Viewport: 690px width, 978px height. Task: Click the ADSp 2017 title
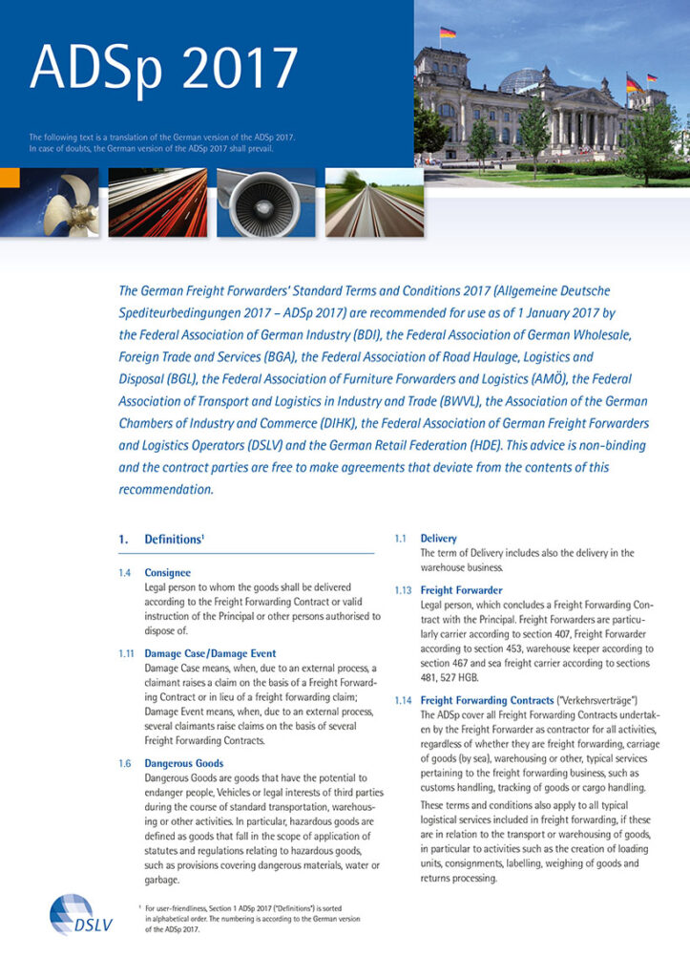(163, 67)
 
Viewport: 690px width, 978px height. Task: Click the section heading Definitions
(174, 540)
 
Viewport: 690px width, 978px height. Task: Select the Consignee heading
(167, 572)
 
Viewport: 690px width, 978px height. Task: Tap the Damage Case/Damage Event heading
(210, 653)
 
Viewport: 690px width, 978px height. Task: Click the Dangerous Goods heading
(184, 763)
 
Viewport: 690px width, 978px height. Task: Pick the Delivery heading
(438, 539)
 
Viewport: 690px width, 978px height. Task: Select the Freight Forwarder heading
(461, 590)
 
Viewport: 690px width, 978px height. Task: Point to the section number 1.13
(403, 590)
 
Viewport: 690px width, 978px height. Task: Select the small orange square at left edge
(9, 179)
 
